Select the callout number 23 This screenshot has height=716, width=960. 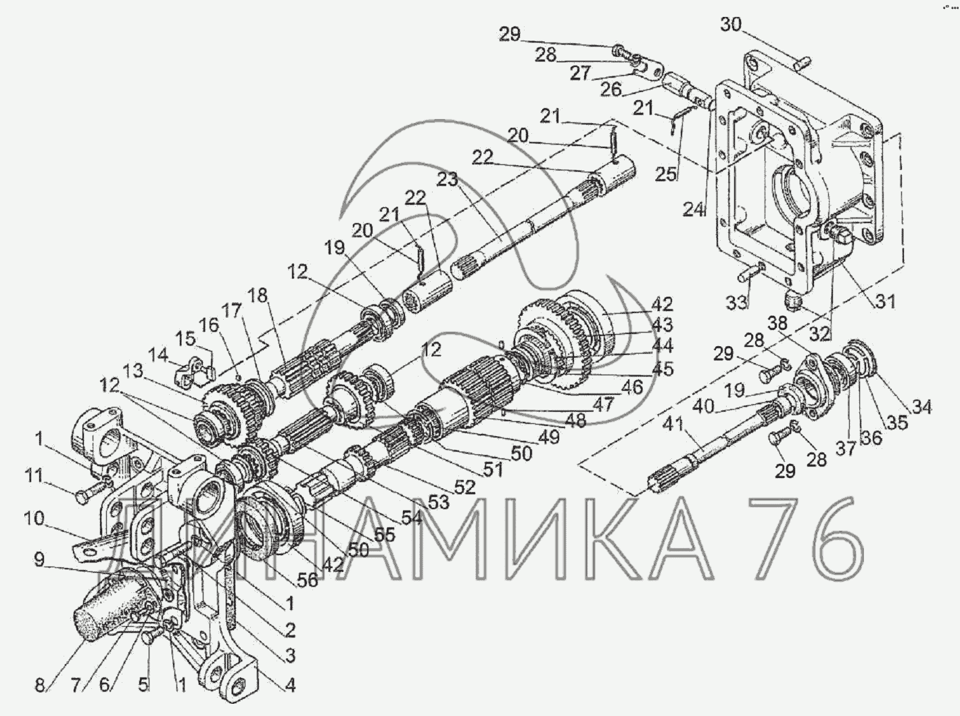pos(447,181)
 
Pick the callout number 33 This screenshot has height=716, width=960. pos(737,302)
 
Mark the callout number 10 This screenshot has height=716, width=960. pos(34,519)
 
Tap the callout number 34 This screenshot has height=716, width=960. pos(921,407)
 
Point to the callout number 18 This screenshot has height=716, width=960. pos(258,295)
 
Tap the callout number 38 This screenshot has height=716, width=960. pos(779,323)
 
